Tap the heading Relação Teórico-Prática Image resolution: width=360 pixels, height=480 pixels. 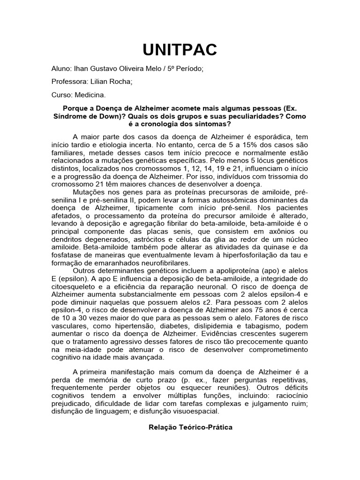click(x=190, y=427)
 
